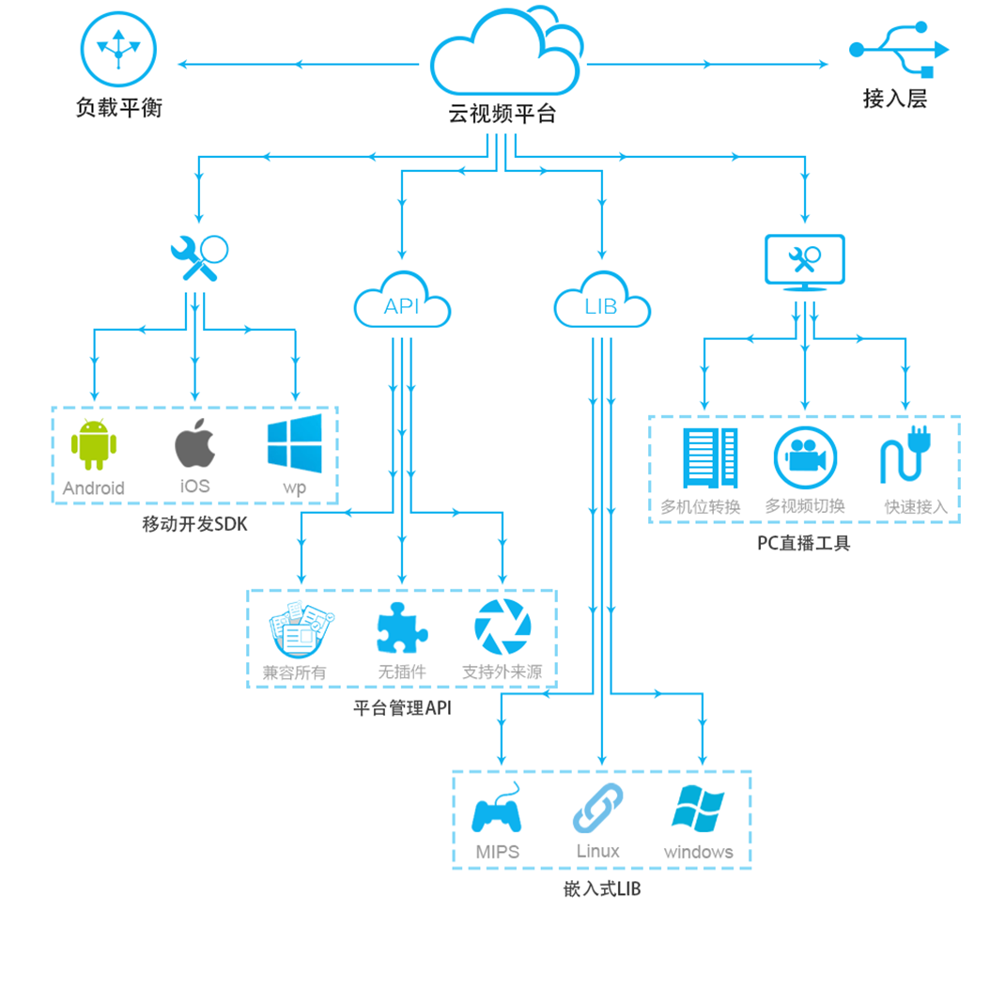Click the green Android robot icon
click(x=94, y=444)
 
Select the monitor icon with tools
click(x=805, y=262)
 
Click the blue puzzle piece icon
click(x=401, y=627)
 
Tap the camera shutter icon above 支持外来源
click(x=502, y=627)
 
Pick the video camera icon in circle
click(x=805, y=457)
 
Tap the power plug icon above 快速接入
click(x=905, y=457)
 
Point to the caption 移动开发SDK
click(x=194, y=525)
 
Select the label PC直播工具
click(x=803, y=542)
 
